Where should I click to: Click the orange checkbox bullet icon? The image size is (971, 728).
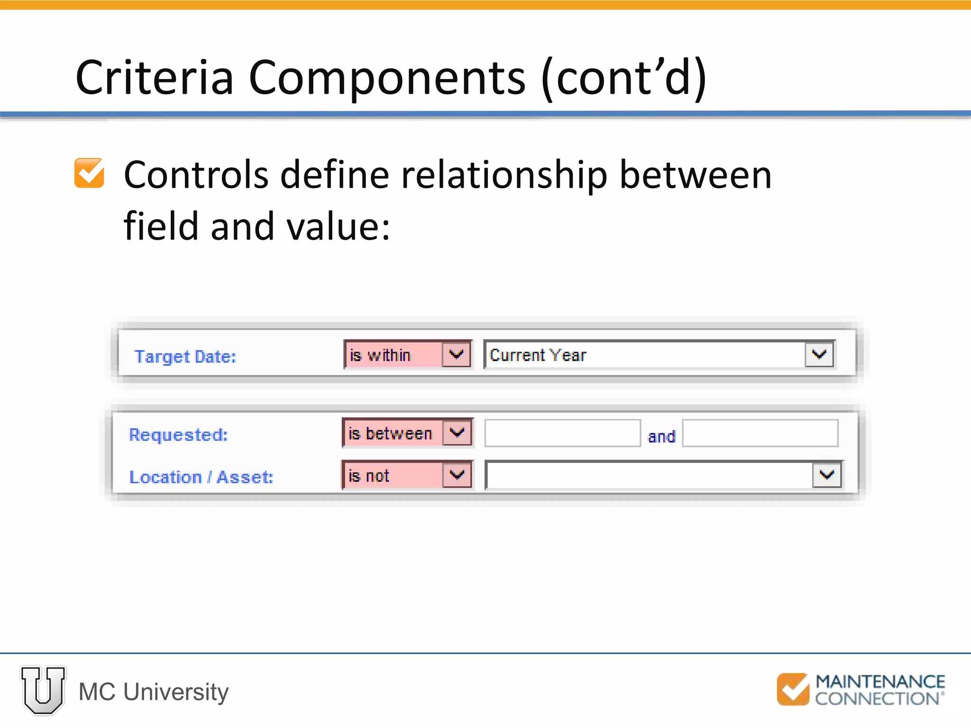(89, 173)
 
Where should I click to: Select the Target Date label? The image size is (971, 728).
(185, 356)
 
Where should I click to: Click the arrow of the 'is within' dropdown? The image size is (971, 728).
(456, 354)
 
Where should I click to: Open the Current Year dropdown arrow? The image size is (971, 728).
(819, 354)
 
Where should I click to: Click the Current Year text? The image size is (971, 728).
(538, 355)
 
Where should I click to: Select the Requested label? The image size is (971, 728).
(178, 435)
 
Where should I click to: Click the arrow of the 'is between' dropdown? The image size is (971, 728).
(457, 432)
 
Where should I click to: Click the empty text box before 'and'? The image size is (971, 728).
(562, 433)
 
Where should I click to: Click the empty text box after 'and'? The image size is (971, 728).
(760, 433)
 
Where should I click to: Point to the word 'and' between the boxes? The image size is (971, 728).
(661, 437)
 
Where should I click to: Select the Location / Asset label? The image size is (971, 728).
(201, 477)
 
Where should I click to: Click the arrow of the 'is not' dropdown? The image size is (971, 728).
(457, 474)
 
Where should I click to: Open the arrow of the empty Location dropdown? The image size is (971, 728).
(827, 475)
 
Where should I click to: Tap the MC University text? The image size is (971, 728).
(154, 692)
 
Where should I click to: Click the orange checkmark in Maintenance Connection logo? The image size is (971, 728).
(793, 689)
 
